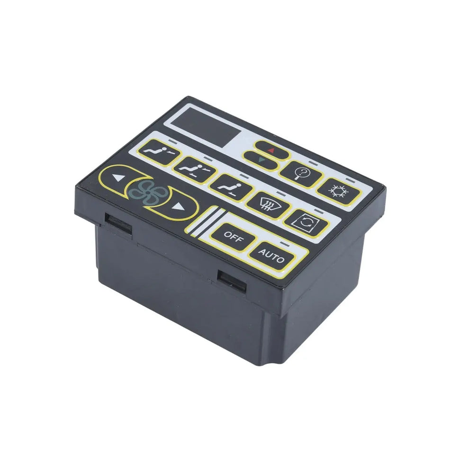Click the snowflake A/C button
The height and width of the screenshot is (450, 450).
(338, 191)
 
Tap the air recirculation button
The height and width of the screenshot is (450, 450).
(306, 222)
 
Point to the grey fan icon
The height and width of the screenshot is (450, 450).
(148, 192)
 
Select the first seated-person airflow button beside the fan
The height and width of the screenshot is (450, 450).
(159, 154)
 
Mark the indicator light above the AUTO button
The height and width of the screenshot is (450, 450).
(285, 243)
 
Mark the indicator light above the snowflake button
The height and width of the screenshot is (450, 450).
(351, 179)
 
